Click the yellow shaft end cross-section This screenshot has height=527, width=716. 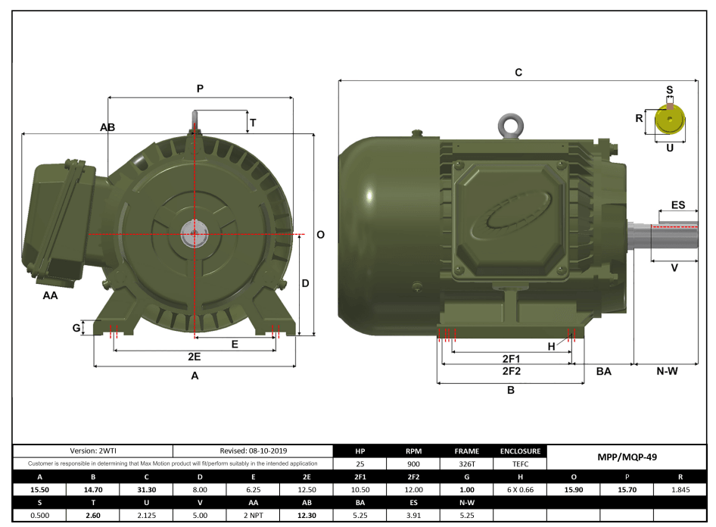tap(669, 120)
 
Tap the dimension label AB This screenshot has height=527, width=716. tap(107, 128)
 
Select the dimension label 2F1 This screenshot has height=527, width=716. tap(511, 357)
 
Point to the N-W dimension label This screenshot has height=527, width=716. tap(666, 371)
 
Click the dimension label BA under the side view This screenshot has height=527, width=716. tap(604, 371)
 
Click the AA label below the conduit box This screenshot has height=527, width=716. tap(50, 296)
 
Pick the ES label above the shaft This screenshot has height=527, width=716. tap(678, 205)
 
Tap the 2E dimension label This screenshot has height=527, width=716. tap(195, 356)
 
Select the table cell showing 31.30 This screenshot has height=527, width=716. tap(145, 490)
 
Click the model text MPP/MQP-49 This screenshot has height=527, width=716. tap(624, 457)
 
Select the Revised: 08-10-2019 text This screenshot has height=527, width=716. tap(254, 451)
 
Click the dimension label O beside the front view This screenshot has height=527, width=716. tap(320, 235)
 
